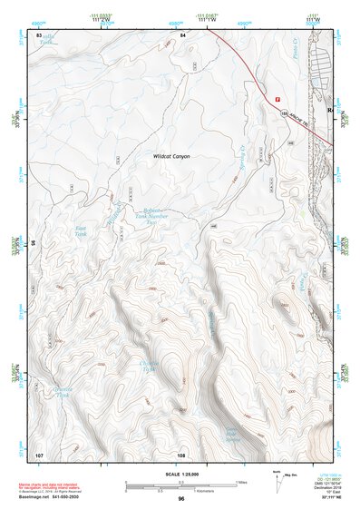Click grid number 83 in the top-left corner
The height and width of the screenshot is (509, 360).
[x=39, y=34]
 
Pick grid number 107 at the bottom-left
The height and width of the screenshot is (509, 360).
[x=39, y=453]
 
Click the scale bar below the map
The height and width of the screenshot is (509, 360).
[x=180, y=485]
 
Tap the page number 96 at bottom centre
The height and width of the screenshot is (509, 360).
[x=181, y=499]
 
